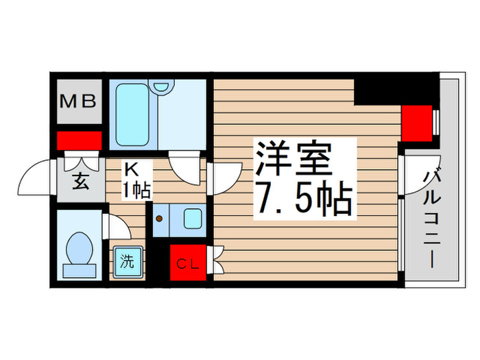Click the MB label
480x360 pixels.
click(x=79, y=101)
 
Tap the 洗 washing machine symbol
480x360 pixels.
click(x=128, y=261)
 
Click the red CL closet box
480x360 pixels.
click(x=187, y=262)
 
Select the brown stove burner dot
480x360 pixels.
click(x=160, y=219)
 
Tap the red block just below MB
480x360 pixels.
click(x=79, y=141)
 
